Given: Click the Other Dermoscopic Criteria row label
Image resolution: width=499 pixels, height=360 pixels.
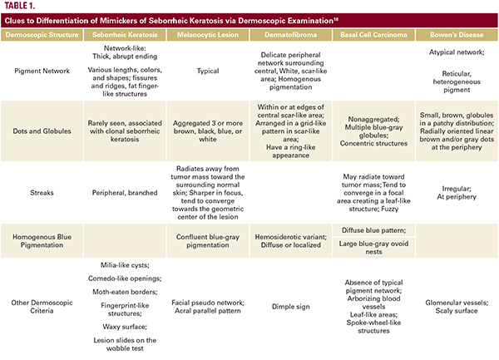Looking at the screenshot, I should [42, 306].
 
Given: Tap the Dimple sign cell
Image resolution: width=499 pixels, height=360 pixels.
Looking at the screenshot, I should [284, 306].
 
